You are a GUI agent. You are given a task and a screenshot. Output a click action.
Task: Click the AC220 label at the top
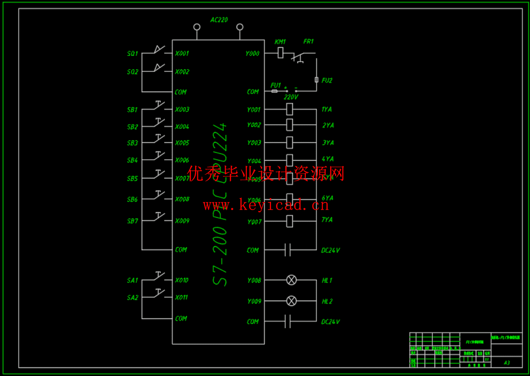pos(219,20)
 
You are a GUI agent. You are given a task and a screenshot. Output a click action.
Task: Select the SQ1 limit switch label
pos(132,54)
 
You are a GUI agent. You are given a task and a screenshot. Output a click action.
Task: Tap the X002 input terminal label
pos(182,71)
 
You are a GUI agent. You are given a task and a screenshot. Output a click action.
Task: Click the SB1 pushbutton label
pos(132,110)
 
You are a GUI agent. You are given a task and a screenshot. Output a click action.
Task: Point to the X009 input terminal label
pos(182,221)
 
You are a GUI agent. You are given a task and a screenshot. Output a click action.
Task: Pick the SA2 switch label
pos(132,297)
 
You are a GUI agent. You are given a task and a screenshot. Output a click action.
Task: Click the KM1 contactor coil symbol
pos(280,53)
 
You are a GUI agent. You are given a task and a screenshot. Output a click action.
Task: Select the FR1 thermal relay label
pos(308,41)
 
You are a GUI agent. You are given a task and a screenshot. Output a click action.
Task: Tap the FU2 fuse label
pos(327,81)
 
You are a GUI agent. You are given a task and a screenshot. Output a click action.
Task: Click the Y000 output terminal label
pos(252,54)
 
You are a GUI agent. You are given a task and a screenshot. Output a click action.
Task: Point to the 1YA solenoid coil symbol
pos(289,109)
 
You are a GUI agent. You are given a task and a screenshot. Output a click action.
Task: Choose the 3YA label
pos(328,143)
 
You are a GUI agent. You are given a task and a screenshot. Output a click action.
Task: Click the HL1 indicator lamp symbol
pos(291,280)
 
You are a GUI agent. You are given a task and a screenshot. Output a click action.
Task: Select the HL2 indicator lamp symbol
pos(291,301)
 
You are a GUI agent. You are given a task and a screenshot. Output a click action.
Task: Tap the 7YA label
pos(327,219)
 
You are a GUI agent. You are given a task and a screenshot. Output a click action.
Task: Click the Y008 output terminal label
pos(254,281)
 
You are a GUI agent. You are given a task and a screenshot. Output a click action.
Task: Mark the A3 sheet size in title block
pos(507,363)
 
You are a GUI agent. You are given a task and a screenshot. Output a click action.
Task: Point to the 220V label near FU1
pos(291,97)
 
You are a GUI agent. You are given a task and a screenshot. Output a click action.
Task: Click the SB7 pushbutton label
pos(132,221)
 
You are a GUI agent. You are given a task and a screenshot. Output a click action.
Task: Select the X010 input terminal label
pos(181,280)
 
